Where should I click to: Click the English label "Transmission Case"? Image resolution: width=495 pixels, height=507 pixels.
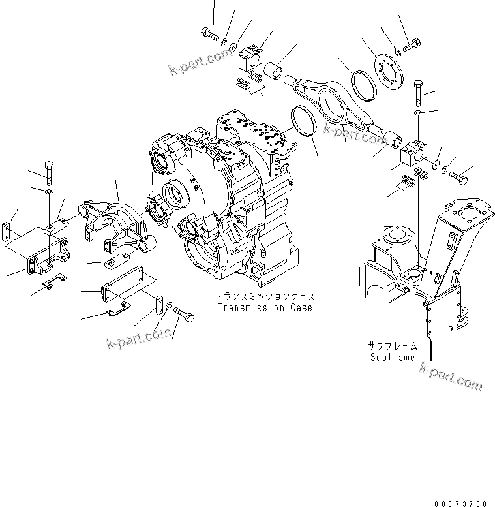pyautogui.click(x=264, y=307)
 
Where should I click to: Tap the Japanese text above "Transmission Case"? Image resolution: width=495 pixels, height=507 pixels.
pyautogui.click(x=264, y=296)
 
